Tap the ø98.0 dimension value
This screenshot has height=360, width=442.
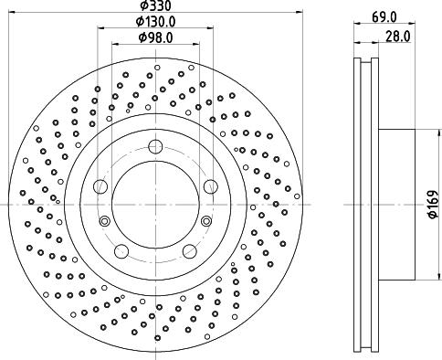[155, 37]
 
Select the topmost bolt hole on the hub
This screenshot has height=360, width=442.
[156, 146]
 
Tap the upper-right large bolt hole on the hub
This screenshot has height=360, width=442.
[211, 186]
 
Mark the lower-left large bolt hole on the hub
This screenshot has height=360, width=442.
[121, 251]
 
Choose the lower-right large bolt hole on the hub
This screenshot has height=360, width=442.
[190, 251]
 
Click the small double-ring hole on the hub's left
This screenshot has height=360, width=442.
[104, 221]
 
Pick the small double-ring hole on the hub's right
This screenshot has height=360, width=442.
[207, 221]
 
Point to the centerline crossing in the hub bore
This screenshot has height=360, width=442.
[155, 205]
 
